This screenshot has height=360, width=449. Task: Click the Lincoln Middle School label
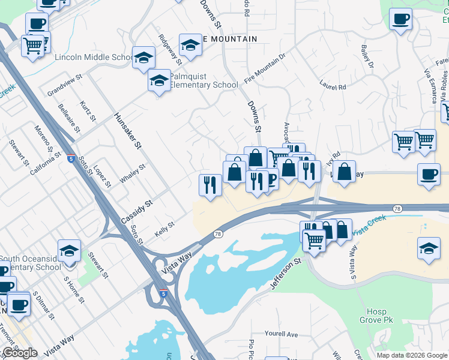click(x=94, y=58)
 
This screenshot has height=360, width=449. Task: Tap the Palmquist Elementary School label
click(x=203, y=80)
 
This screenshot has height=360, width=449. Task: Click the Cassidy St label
click(x=136, y=211)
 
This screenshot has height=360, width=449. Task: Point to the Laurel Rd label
click(x=333, y=86)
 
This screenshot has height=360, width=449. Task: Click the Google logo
click(x=20, y=353)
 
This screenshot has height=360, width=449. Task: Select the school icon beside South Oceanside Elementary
click(x=69, y=250)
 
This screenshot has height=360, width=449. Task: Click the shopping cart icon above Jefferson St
click(x=314, y=240)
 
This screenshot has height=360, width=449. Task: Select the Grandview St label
click(x=64, y=87)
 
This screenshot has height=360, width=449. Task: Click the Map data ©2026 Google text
click(x=412, y=355)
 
